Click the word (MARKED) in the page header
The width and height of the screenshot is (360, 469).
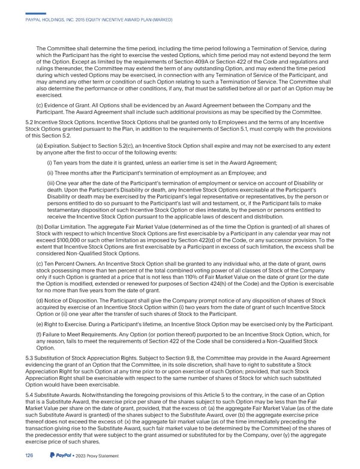(x=158, y=20)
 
